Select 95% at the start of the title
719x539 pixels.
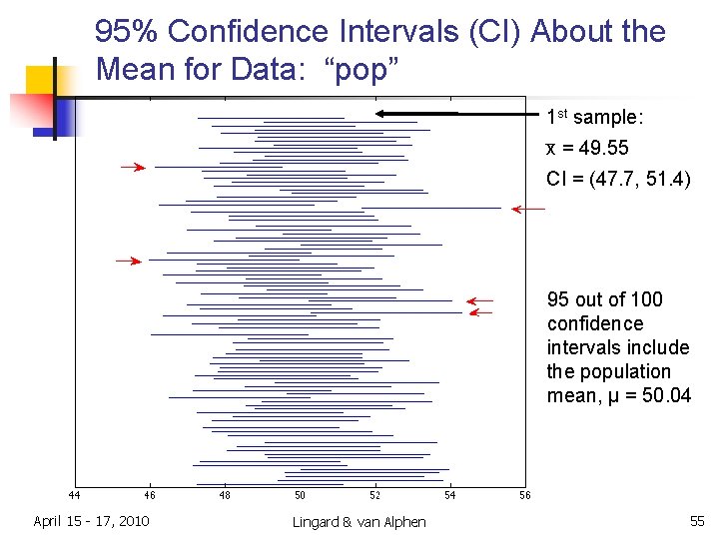coord(127,32)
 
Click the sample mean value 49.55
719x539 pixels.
coord(602,148)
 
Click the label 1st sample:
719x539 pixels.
coord(595,118)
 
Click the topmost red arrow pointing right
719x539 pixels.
coord(134,168)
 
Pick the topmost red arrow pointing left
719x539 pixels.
coord(527,209)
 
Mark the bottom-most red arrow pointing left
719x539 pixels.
coord(481,312)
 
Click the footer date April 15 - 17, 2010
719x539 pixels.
coord(91,521)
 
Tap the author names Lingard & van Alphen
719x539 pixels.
coord(359,522)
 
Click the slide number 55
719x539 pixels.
coord(696,521)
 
